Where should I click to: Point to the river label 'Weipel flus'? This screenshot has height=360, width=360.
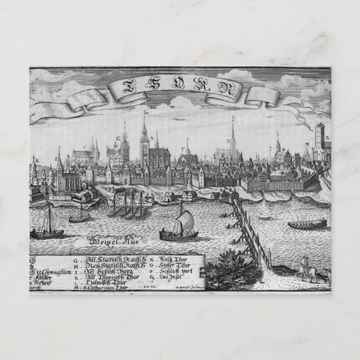(103, 238)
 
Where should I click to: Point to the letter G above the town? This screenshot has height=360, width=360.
(117, 138)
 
